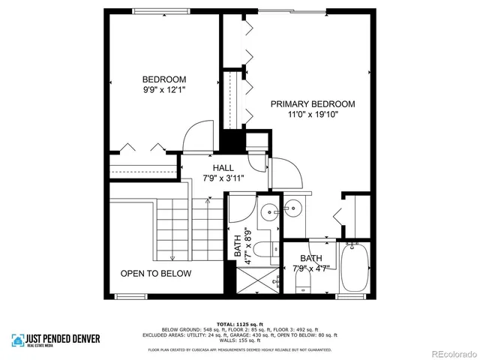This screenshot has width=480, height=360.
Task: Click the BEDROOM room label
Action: coord(164,79)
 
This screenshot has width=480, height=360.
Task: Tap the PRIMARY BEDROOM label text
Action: coord(313,104)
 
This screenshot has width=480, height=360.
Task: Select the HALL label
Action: coord(223,168)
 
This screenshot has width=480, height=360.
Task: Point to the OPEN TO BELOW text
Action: coord(156,274)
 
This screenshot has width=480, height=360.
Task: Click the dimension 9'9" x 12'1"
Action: coord(164,90)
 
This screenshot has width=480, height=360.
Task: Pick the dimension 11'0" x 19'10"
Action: coord(313,115)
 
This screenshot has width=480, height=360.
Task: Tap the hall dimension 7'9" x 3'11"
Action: coord(223,178)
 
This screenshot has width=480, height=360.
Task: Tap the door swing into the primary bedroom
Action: coord(288,174)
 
